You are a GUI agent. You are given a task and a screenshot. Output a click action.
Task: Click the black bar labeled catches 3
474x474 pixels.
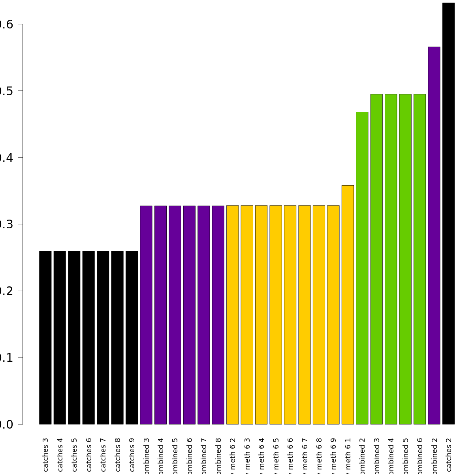click(45, 338)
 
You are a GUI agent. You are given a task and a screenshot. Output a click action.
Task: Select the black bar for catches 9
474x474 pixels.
click(132, 338)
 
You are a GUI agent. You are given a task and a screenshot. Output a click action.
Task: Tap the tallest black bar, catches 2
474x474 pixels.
click(448, 213)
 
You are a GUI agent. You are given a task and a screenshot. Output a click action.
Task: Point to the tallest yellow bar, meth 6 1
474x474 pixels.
click(348, 305)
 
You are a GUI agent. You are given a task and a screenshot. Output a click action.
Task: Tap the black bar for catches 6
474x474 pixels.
click(88, 338)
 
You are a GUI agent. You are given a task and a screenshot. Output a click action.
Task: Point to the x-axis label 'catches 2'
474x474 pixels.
click(448, 454)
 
